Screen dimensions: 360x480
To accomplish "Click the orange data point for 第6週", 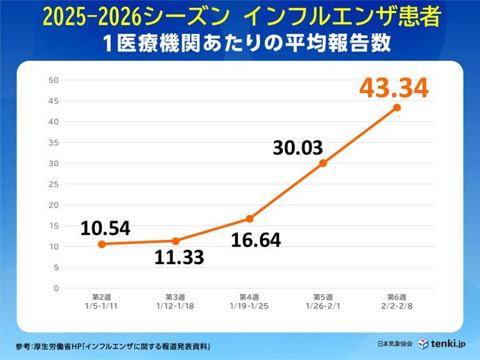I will coord(397,108).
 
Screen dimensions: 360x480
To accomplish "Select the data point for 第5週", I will coord(323,163).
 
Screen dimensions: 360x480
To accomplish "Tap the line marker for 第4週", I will coord(250,218).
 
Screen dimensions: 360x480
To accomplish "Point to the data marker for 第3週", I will coord(175,241).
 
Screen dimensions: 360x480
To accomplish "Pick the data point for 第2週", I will coord(102,244).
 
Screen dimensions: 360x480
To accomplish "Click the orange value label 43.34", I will coord(394,88).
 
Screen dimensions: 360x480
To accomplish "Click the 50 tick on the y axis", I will coord(53,80).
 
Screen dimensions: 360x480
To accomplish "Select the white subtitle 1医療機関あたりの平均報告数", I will coord(240,42).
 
